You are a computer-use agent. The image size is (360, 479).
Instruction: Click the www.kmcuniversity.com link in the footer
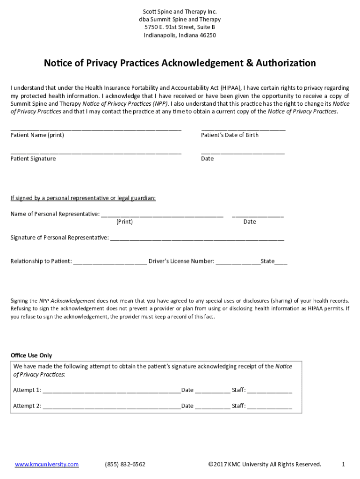tap(47, 464)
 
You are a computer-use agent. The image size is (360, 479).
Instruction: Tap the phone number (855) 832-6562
tap(125, 464)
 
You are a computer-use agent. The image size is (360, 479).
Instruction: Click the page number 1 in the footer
tap(343, 464)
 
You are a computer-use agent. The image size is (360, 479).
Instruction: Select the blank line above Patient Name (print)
tap(96, 128)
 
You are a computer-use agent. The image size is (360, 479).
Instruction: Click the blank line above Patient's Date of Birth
tap(243, 128)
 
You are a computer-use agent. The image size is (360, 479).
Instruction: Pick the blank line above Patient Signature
tap(96, 152)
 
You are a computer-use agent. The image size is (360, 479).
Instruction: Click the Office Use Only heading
tap(31, 356)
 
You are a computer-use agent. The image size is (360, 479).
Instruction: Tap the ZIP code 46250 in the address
tap(208, 35)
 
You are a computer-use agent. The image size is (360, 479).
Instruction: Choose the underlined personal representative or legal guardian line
tap(83, 198)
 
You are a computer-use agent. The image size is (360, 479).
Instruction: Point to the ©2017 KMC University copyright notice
tap(265, 464)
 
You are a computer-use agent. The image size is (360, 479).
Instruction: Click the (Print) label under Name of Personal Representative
tap(124, 222)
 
